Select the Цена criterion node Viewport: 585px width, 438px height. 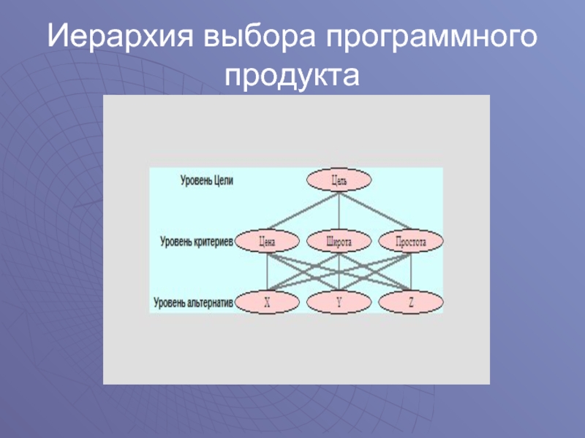(x=268, y=240)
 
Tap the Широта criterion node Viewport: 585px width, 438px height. (x=339, y=240)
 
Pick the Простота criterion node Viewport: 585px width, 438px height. (x=411, y=240)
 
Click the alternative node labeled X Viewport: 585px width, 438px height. (x=268, y=301)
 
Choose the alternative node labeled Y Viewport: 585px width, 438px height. (x=339, y=301)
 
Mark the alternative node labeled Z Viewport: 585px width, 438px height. (x=411, y=301)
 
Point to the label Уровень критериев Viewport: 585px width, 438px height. (x=197, y=240)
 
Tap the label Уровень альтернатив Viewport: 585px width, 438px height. (x=194, y=301)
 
